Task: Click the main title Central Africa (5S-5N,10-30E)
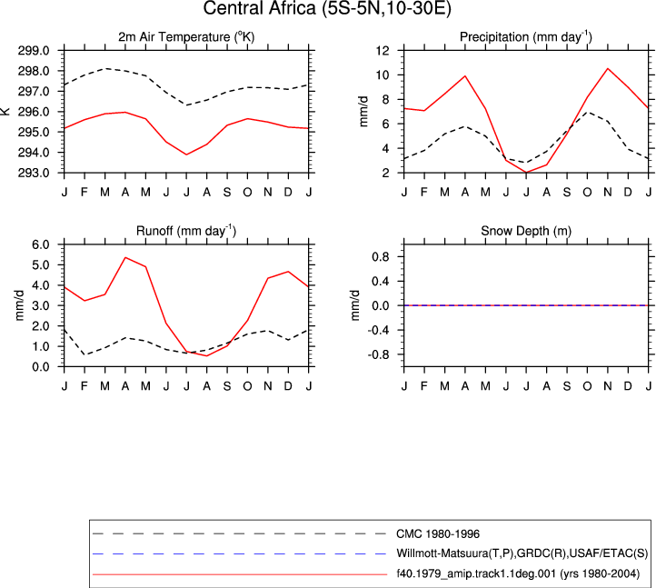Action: click(x=327, y=8)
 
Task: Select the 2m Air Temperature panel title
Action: click(x=186, y=37)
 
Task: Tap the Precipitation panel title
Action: click(x=526, y=37)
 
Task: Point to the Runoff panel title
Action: click(x=186, y=231)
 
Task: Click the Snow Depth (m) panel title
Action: click(x=526, y=231)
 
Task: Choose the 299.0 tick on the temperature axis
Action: click(x=34, y=51)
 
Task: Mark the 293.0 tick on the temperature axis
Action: click(x=34, y=173)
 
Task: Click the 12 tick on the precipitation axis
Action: click(x=383, y=51)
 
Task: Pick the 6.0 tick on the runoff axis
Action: click(x=41, y=244)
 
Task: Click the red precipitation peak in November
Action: click(x=608, y=69)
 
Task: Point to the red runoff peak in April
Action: click(x=125, y=257)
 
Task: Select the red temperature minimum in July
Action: click(x=186, y=154)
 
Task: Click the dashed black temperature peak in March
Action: click(x=105, y=68)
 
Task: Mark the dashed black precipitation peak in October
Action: click(x=587, y=112)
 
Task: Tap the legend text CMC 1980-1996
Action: click(x=438, y=534)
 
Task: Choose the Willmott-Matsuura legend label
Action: click(x=522, y=553)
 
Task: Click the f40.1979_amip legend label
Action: click(x=518, y=573)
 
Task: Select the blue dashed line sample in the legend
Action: click(x=240, y=554)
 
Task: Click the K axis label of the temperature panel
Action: click(x=5, y=111)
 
